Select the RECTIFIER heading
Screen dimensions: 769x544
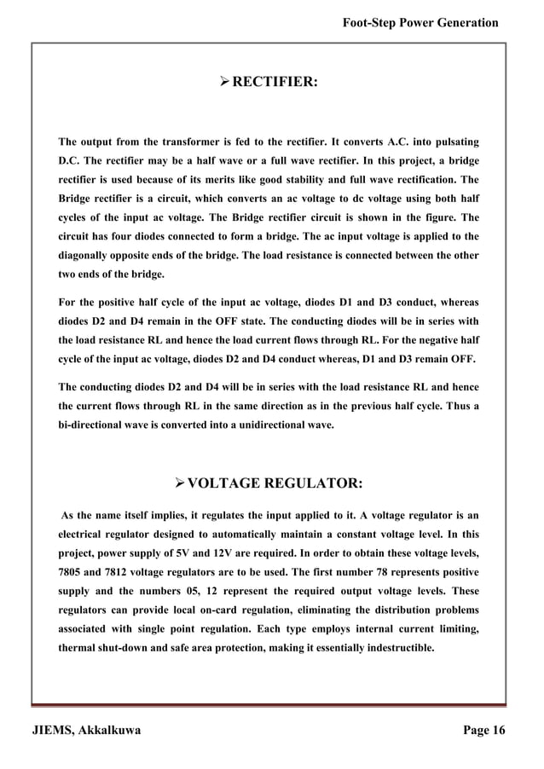[x=275, y=83]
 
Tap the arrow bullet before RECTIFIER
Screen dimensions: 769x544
[x=224, y=83]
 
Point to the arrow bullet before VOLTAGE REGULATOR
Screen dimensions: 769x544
[x=178, y=484]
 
